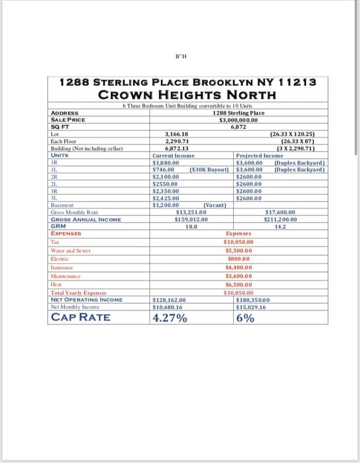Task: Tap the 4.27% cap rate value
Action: [169, 318]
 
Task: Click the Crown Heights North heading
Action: [187, 94]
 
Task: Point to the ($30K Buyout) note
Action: [209, 169]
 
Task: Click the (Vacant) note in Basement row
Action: [215, 205]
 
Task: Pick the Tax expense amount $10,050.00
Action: [238, 242]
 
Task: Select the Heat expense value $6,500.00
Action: [239, 284]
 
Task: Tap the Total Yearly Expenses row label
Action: [78, 293]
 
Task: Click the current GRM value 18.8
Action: [191, 226]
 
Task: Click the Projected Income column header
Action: [259, 156]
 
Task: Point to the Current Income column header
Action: [173, 156]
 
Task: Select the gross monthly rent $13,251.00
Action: [191, 212]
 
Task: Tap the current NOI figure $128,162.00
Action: [169, 300]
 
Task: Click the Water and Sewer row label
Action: [70, 251]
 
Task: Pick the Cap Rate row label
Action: [80, 317]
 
